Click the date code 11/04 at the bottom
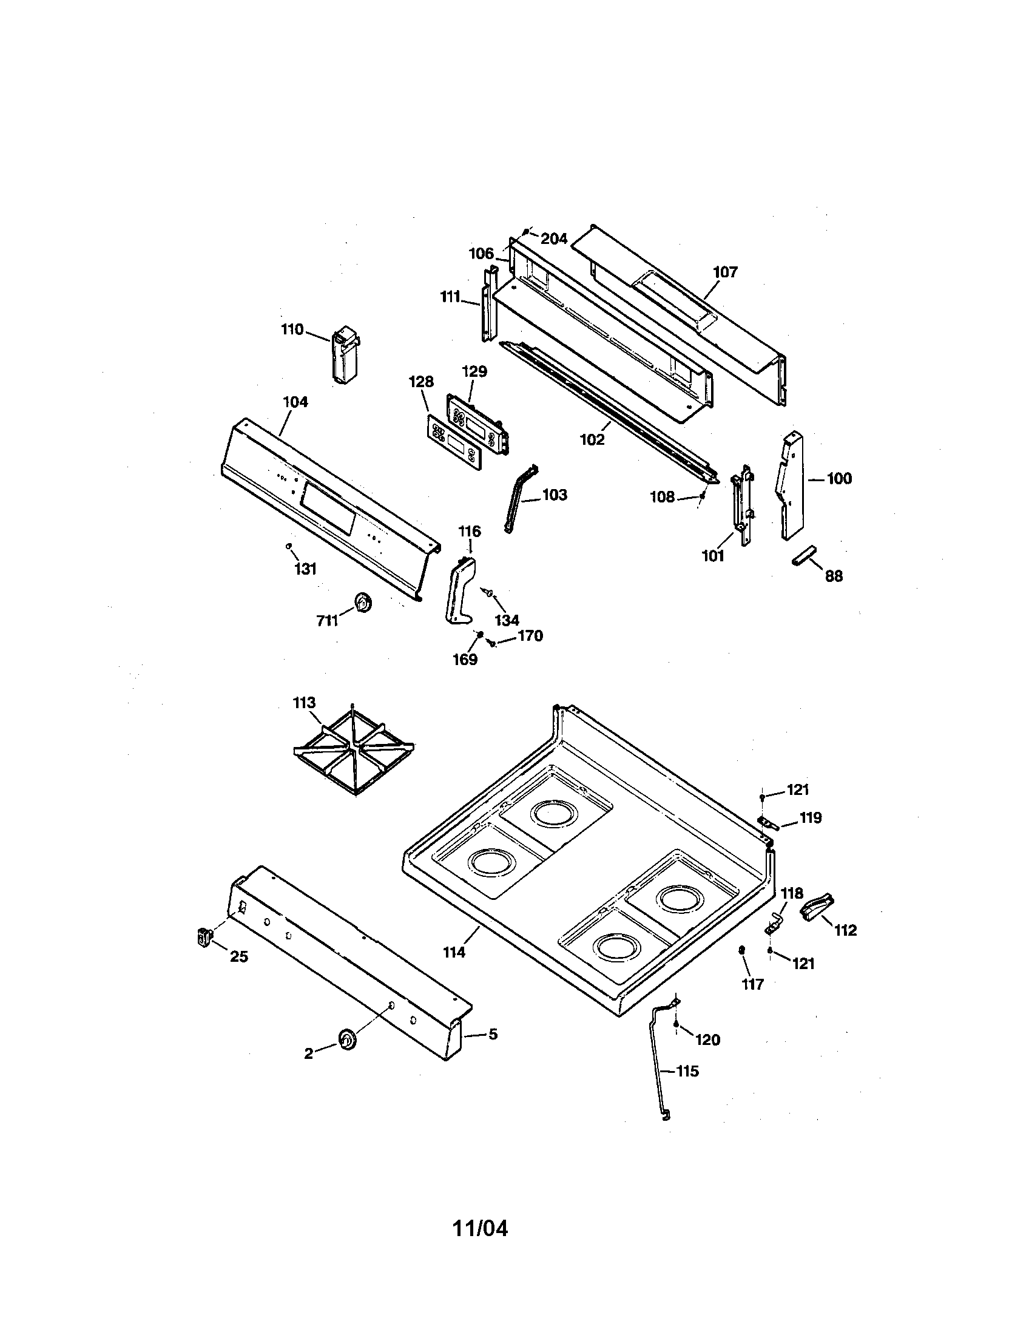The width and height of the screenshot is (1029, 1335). pos(480,1229)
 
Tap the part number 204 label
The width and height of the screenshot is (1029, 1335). pos(553,239)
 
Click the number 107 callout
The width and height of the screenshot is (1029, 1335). pos(724,272)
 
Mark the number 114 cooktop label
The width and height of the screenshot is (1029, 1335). pos(454,951)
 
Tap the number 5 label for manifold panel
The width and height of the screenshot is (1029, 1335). pos(493,1034)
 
